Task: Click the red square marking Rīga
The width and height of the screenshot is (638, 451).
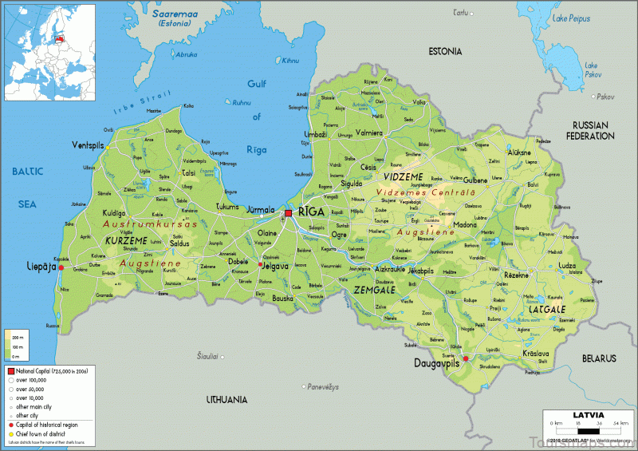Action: (x=288, y=213)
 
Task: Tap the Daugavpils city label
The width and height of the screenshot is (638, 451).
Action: (x=437, y=362)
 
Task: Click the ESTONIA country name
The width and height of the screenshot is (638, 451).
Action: (x=445, y=52)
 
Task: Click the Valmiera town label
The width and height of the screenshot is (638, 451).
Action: (x=368, y=133)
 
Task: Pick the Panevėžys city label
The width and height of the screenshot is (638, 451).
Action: (x=322, y=386)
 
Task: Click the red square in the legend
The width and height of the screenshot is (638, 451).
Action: (x=11, y=372)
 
